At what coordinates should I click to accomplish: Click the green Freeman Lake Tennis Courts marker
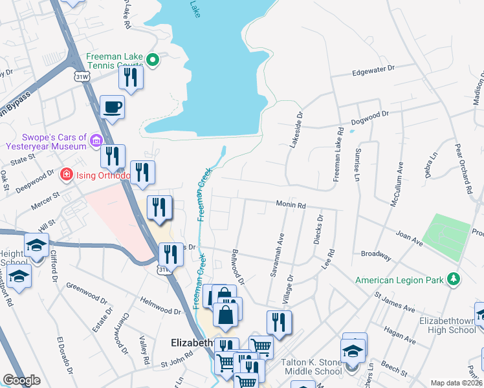(153, 61)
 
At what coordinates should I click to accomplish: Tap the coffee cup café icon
(113, 107)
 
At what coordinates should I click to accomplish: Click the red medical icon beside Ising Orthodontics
(65, 175)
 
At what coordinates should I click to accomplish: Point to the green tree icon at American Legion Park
(454, 279)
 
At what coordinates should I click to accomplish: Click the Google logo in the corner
(22, 380)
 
